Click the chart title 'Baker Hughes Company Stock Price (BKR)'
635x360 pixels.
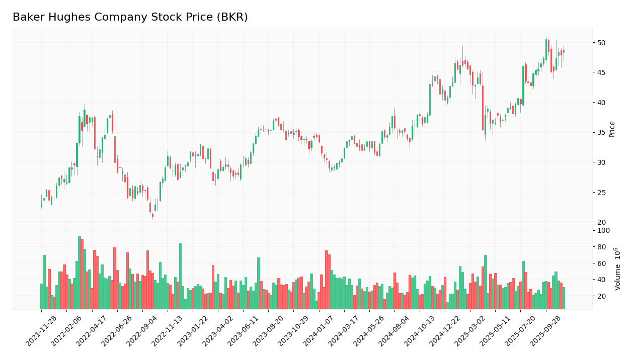coord(130,17)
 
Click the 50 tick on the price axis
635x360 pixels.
coord(602,43)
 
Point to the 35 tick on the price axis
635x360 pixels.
coord(602,133)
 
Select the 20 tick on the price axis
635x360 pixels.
coord(602,222)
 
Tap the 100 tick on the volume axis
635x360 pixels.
coord(603,231)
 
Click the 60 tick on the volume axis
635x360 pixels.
coord(602,263)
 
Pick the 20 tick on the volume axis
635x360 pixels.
coord(602,296)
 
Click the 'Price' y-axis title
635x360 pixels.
coord(612,129)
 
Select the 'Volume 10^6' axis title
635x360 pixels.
coord(617,268)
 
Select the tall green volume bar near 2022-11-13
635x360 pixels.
coord(180,276)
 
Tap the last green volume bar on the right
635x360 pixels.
coord(564,298)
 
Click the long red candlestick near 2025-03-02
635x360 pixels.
coord(483,108)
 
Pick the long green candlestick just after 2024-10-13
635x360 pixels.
coord(430,100)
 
